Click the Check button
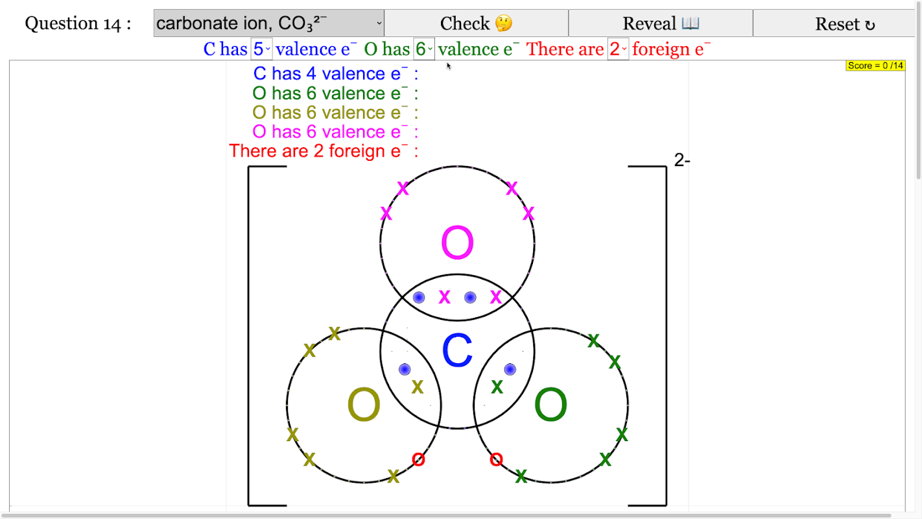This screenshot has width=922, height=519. coord(476,24)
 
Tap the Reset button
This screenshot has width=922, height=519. coord(844,24)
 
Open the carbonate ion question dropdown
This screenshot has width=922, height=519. coord(269,24)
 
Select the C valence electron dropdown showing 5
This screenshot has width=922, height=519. coord(261,49)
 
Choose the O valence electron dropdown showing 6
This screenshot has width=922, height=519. coord(424,49)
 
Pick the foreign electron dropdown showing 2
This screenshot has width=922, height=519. coord(618,49)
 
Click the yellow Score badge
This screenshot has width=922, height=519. coord(875,66)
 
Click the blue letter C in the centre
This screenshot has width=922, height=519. coord(457,351)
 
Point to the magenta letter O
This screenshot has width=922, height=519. coord(457,243)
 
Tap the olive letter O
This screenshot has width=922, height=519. coord(364,405)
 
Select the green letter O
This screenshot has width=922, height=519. coord(550,405)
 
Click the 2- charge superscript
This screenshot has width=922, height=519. coord(682,161)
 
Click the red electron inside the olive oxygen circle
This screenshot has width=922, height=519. coord(418,460)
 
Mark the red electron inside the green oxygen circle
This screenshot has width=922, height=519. coord(496,460)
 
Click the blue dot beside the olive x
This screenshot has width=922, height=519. coord(405,369)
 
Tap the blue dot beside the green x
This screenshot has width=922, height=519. coord(510,369)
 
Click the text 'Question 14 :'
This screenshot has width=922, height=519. coord(78,24)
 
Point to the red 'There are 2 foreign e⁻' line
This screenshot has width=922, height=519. coord(323,151)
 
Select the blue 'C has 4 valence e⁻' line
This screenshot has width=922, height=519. coord(335,74)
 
